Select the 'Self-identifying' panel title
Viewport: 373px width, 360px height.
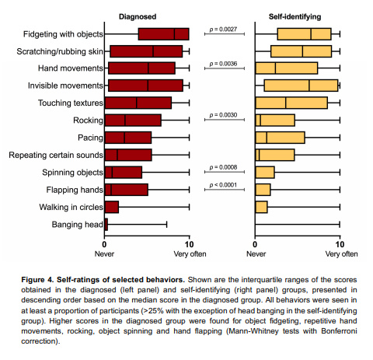tap(298, 16)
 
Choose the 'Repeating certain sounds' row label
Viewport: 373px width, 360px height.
tap(55, 156)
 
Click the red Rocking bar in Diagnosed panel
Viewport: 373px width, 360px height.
tap(133, 121)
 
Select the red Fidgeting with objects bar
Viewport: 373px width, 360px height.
tap(163, 34)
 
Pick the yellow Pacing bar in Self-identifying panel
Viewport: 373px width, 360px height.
tap(280, 138)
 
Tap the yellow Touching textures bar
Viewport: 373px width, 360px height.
tap(291, 103)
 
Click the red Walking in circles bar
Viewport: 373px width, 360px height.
tap(111, 208)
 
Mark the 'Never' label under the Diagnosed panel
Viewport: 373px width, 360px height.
tap(105, 253)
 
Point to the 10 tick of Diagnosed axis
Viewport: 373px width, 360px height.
tap(189, 243)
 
